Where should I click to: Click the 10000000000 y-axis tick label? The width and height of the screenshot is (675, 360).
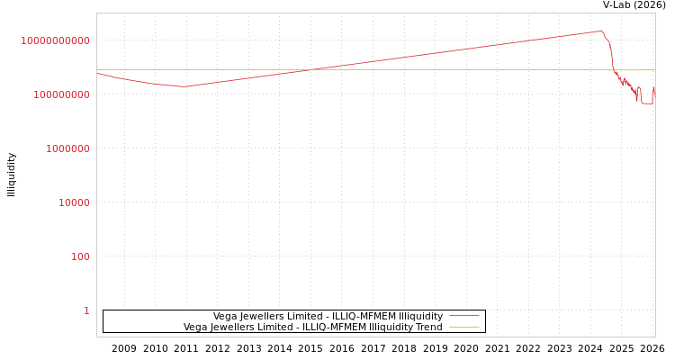click(56, 40)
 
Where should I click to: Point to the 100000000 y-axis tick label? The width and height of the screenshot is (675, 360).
click(61, 94)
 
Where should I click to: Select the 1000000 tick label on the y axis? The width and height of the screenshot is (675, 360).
click(67, 148)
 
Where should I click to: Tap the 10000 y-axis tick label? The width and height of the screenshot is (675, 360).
click(74, 202)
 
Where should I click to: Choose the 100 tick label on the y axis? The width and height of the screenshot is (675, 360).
click(80, 256)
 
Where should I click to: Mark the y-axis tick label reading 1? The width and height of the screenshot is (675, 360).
click(86, 310)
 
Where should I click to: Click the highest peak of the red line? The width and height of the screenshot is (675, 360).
click(600, 31)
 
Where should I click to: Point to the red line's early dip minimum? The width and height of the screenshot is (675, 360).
click(184, 86)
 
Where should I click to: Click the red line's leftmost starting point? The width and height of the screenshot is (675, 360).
click(97, 74)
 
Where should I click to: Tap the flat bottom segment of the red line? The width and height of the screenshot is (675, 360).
click(646, 103)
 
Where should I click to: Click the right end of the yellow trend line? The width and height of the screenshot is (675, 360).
click(654, 69)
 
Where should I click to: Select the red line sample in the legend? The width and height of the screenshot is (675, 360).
click(463, 316)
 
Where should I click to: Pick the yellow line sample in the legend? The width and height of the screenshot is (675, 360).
click(463, 327)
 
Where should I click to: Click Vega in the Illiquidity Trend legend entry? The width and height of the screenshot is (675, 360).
click(196, 327)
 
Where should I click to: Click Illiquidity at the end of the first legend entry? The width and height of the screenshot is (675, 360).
click(421, 316)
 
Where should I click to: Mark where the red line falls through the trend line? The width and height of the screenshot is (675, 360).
click(611, 69)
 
